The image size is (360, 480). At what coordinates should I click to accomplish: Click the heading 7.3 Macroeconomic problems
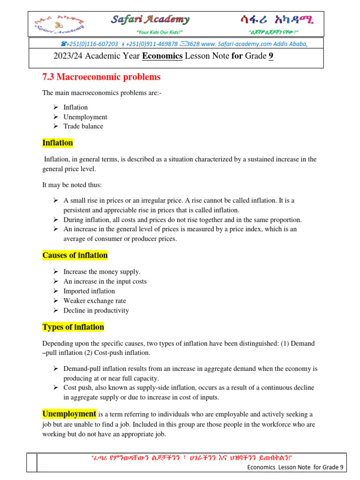click(101, 77)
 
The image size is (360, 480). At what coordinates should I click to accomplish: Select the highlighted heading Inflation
click(58, 142)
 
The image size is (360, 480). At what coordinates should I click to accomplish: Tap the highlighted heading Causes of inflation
click(75, 255)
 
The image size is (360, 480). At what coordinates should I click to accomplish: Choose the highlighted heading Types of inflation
click(73, 327)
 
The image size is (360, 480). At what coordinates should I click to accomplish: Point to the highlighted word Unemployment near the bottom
click(69, 414)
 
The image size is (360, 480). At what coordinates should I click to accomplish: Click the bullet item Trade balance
click(83, 127)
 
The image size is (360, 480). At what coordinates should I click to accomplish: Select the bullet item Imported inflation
click(89, 291)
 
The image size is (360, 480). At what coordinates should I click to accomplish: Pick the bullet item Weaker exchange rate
click(95, 301)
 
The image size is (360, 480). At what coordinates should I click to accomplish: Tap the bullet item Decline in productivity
click(96, 310)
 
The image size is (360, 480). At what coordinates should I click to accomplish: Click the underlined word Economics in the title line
click(162, 57)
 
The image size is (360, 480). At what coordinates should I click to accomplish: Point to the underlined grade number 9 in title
click(270, 57)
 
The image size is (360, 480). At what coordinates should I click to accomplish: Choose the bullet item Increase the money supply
click(102, 272)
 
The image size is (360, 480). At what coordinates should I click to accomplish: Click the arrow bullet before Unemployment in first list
click(55, 117)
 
